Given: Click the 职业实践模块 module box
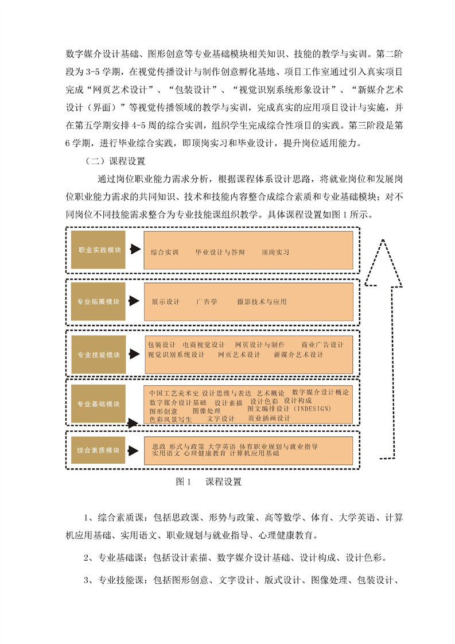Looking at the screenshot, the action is click(x=98, y=250).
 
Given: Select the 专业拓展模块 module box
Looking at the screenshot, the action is click(x=98, y=301).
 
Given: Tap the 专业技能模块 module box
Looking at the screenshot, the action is click(x=99, y=355).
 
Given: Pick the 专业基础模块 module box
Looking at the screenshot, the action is click(x=98, y=404).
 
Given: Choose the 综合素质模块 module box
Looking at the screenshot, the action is click(x=98, y=450).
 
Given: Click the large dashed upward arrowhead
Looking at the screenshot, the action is click(x=383, y=263).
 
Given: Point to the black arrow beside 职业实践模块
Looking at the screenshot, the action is click(x=135, y=249).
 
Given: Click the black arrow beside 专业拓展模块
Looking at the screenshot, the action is click(x=134, y=301).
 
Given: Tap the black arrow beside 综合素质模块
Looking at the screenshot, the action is click(x=133, y=451).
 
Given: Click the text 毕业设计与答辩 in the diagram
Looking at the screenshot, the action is click(x=220, y=252).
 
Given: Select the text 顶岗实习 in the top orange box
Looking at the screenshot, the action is click(x=275, y=252).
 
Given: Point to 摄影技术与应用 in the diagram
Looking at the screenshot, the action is click(x=262, y=302).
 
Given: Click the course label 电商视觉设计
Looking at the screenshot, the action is click(x=204, y=344).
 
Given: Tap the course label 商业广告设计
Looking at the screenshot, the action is click(x=322, y=344).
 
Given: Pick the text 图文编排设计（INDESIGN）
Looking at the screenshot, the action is click(x=289, y=409).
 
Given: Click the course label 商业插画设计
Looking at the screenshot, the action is click(x=269, y=418).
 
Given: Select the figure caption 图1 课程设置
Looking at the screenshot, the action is click(x=209, y=482).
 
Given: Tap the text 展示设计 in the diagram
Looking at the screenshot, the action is click(x=166, y=302).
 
